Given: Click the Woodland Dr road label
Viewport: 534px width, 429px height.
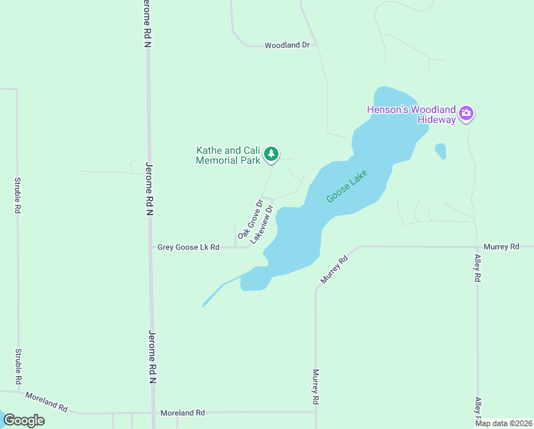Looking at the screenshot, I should point(286,45).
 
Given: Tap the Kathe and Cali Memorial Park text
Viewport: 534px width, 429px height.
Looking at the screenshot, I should point(228,155).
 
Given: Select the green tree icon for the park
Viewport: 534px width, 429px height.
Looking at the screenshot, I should point(271,154).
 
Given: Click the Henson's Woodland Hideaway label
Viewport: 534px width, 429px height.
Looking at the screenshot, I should point(410,114).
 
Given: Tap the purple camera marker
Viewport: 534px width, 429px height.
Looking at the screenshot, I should point(466,113).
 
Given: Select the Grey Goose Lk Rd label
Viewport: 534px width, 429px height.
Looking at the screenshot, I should point(188,247).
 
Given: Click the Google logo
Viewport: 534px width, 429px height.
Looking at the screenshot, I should point(24,420).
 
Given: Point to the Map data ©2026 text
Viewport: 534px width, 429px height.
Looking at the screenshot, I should point(504,423).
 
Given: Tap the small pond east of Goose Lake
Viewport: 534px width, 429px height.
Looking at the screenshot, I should point(440,151).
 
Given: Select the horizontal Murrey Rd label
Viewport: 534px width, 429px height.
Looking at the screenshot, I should point(500,247).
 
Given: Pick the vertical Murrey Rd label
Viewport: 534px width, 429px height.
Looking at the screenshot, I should point(316,388).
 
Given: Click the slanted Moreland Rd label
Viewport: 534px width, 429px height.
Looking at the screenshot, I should point(46,402).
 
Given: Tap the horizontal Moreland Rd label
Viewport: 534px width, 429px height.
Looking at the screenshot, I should point(183,413).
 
